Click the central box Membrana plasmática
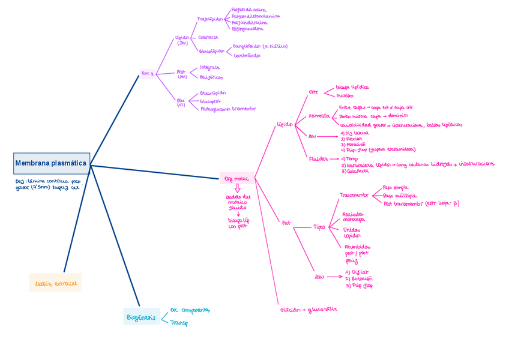[51, 163]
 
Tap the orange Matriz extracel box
[55, 283]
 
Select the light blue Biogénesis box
[140, 317]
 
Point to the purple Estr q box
[147, 74]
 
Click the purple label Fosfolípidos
[210, 19]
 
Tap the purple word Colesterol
[208, 37]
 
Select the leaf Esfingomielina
[247, 28]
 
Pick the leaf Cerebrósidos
[247, 55]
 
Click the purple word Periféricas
[211, 77]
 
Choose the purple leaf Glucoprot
[210, 101]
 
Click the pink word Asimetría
[319, 115]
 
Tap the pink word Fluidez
[318, 159]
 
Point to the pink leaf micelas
[345, 95]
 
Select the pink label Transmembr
[354, 195]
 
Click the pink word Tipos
[319, 227]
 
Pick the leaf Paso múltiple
[399, 196]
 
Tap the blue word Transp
[179, 323]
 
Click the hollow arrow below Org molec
[237, 188]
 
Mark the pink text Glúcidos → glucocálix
[309, 310]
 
